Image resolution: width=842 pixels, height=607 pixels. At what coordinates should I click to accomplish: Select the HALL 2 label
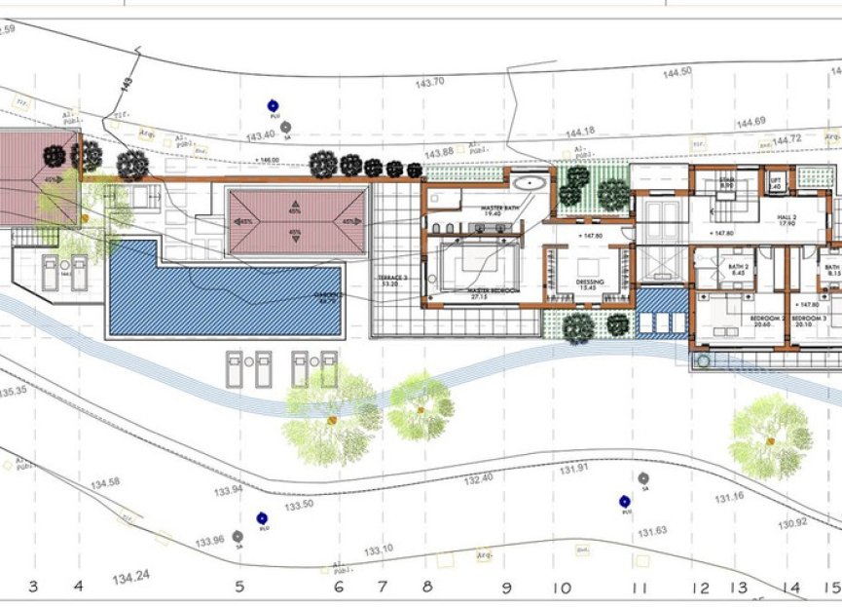click(x=786, y=221)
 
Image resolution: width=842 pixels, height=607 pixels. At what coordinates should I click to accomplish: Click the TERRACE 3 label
click(x=394, y=281)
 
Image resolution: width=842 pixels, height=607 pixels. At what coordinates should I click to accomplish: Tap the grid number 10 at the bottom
click(x=562, y=588)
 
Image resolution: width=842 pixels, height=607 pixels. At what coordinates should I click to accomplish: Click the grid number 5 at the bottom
click(x=238, y=587)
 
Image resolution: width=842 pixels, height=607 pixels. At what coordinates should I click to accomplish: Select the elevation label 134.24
click(x=130, y=578)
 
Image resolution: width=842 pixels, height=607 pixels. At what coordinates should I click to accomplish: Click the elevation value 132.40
click(x=479, y=478)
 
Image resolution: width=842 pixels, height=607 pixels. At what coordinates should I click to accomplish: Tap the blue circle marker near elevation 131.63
click(x=625, y=501)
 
